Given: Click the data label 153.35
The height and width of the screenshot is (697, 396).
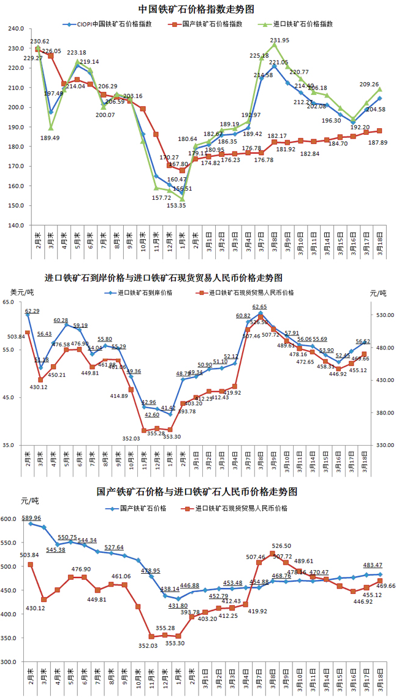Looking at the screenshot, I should (177, 205).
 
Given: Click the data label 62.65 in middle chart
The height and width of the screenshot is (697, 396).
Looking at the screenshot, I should (259, 307).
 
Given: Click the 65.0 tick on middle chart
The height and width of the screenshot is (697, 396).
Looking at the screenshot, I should (17, 303).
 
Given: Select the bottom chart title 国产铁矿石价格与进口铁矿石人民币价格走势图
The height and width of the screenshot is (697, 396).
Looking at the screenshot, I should (197, 492).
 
